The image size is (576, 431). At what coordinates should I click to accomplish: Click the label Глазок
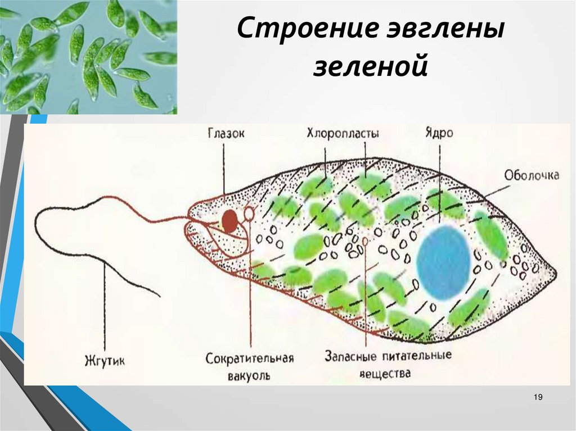226,133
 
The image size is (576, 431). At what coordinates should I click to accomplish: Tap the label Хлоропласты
343,133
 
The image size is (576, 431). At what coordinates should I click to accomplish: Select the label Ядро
439,133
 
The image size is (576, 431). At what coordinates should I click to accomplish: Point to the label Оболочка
532,175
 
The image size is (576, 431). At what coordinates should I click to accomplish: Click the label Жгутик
105,361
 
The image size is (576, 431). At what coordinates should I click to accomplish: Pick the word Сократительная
249,358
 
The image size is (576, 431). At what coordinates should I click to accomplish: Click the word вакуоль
249,376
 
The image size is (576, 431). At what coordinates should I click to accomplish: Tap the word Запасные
350,356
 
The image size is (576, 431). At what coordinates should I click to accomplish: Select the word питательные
417,356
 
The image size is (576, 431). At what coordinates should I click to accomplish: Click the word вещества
385,374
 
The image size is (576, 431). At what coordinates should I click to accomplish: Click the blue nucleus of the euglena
444,262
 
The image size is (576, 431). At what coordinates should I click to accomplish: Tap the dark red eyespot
229,221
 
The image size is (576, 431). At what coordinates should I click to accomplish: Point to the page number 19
538,397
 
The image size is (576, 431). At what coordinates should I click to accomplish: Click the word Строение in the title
307,29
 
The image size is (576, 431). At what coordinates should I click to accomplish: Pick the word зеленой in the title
370,67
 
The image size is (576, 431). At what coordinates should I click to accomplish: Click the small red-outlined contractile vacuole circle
249,213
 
